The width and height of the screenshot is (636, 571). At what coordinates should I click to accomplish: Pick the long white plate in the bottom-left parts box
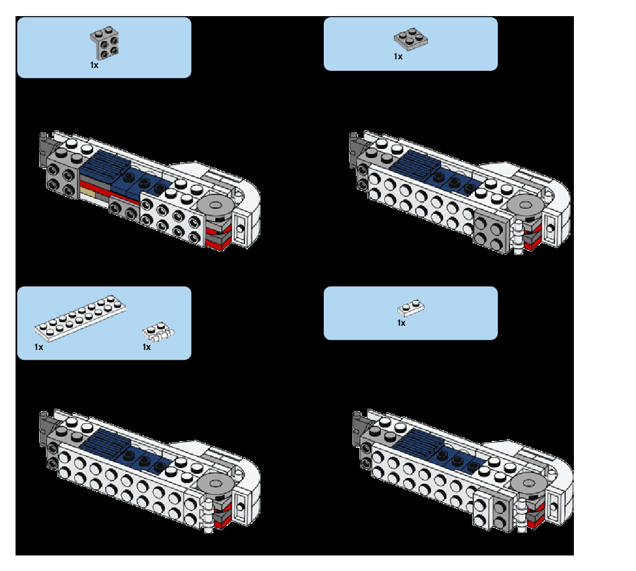80,318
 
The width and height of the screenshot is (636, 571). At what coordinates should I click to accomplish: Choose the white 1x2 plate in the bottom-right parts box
411,309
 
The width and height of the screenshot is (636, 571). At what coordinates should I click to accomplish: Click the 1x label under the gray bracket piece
94,65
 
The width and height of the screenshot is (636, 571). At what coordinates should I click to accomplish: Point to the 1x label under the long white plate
39,347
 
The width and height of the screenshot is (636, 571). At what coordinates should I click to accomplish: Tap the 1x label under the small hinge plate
147,347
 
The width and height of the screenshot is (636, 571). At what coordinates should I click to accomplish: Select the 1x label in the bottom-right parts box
401,323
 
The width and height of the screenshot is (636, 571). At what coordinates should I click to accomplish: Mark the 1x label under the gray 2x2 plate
398,56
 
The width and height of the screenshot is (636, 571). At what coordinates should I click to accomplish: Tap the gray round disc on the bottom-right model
527,482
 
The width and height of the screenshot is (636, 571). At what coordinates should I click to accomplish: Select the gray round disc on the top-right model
527,206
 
